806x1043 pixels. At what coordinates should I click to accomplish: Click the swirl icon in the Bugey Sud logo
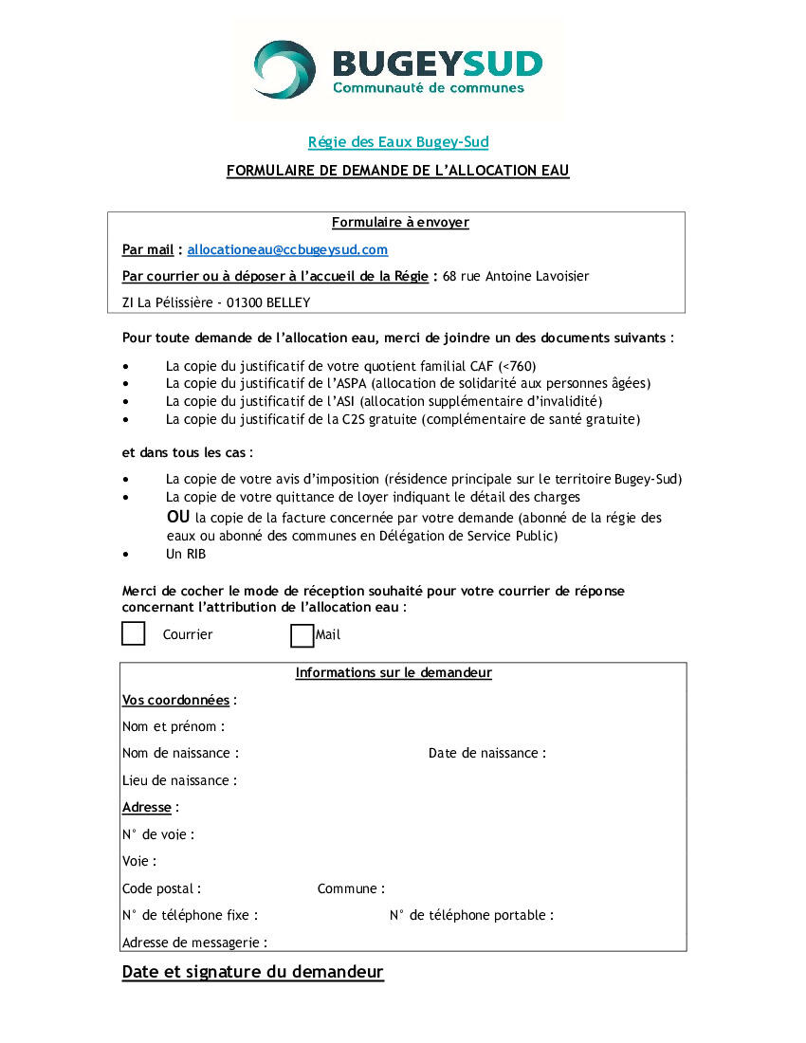[284, 69]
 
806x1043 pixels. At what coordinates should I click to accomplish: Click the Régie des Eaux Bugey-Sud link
[398, 142]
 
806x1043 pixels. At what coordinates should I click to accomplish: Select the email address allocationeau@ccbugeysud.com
[287, 249]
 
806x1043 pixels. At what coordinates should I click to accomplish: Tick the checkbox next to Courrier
[134, 633]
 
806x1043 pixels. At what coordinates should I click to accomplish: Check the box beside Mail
[302, 634]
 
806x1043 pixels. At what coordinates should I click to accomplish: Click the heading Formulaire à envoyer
[400, 223]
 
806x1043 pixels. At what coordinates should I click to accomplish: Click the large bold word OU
[178, 517]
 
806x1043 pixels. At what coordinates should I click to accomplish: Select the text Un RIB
[185, 554]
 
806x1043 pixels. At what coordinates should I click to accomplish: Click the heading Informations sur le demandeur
[394, 673]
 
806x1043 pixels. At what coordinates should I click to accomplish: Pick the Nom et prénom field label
[174, 727]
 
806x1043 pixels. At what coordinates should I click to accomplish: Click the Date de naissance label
[486, 754]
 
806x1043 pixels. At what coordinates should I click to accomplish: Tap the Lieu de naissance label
[179, 780]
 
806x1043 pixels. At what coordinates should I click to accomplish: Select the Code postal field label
[161, 889]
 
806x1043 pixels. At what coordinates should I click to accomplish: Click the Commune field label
[351, 889]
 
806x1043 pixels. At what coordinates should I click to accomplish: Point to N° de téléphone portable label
[471, 916]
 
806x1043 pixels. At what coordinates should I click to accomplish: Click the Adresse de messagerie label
[194, 943]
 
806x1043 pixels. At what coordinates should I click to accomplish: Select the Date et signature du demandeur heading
[252, 972]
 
